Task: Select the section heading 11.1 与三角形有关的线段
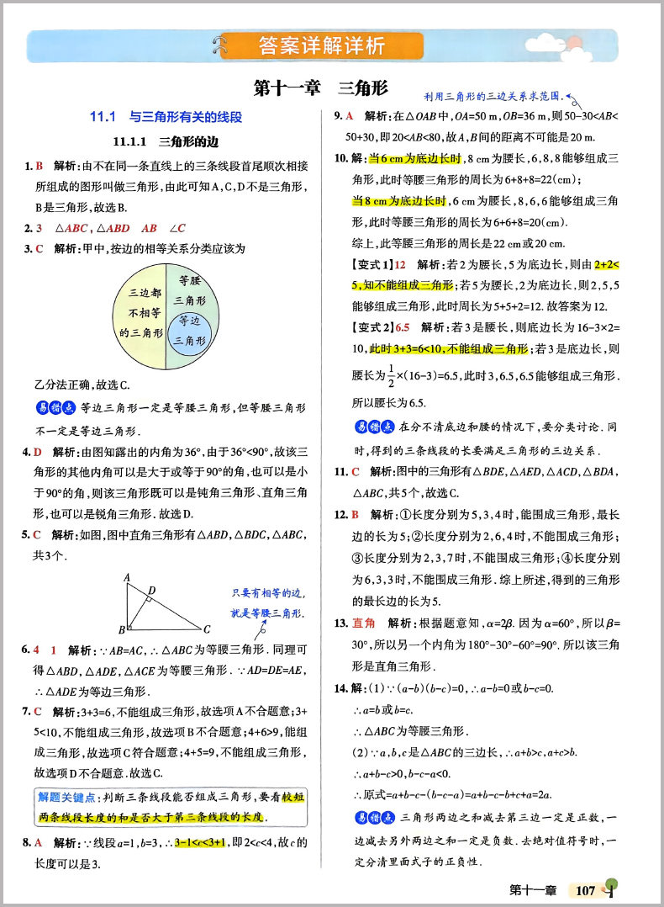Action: click(x=166, y=117)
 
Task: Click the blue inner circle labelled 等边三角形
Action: click(x=187, y=330)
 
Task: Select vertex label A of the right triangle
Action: click(x=127, y=577)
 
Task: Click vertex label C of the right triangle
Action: click(x=207, y=629)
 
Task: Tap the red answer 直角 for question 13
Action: click(x=363, y=623)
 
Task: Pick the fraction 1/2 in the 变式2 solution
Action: click(x=393, y=375)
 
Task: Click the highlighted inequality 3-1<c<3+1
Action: click(x=200, y=843)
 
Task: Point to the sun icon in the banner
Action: click(x=573, y=42)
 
